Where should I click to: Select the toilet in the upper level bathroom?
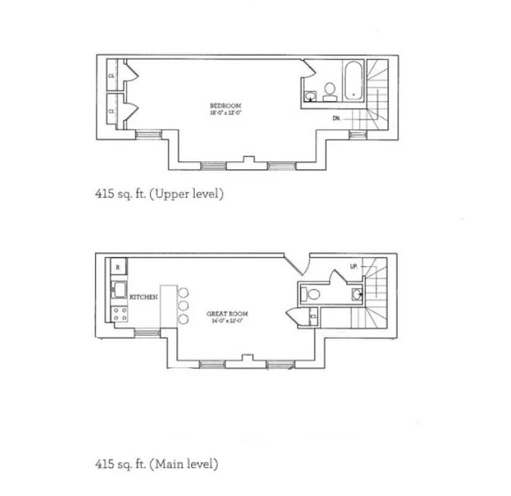pyautogui.click(x=330, y=91)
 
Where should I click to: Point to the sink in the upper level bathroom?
pyautogui.click(x=310, y=95)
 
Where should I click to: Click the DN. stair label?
pyautogui.click(x=337, y=117)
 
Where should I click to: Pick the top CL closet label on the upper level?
pyautogui.click(x=112, y=75)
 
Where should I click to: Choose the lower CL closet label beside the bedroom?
pyautogui.click(x=112, y=111)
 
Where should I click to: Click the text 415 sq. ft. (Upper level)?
pyautogui.click(x=158, y=193)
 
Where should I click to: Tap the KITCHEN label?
pyautogui.click(x=143, y=298)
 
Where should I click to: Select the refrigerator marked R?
pyautogui.click(x=118, y=267)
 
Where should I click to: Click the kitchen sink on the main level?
pyautogui.click(x=119, y=290)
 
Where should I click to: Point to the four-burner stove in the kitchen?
pyautogui.click(x=119, y=313)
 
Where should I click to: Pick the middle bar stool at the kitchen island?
pyautogui.click(x=182, y=306)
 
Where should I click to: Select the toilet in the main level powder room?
pyautogui.click(x=312, y=294)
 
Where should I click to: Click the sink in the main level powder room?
pyautogui.click(x=356, y=294)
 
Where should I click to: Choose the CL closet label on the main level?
pyautogui.click(x=314, y=317)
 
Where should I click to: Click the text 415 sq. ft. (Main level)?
pyautogui.click(x=156, y=463)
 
